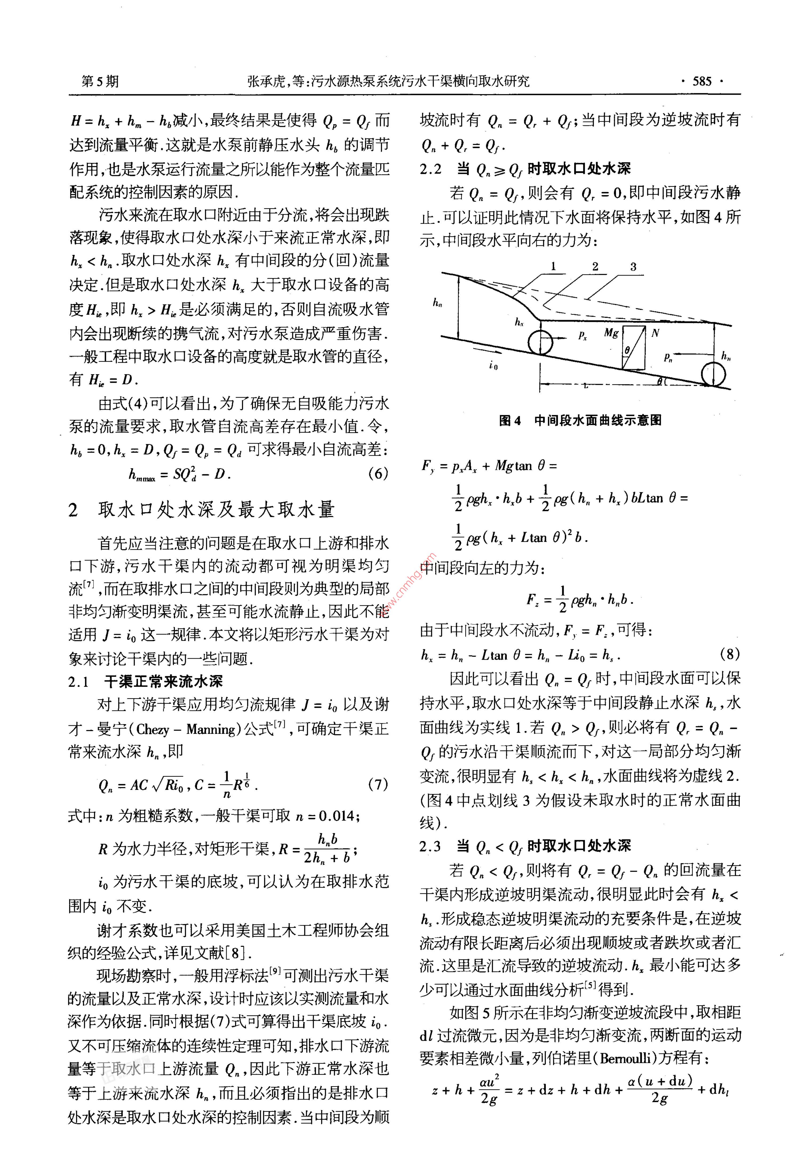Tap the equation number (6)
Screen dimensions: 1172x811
click(378, 473)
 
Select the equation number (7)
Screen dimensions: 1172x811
click(378, 784)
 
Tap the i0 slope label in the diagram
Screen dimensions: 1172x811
click(493, 365)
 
